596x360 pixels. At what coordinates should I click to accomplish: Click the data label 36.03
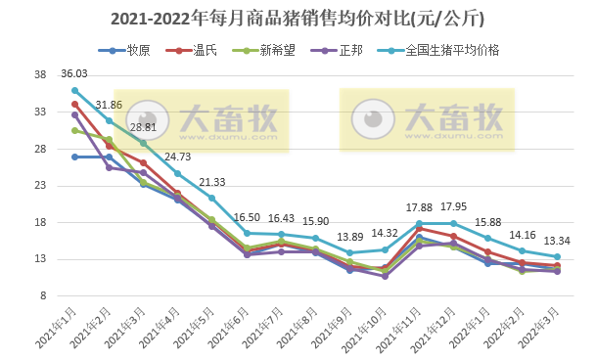(74, 73)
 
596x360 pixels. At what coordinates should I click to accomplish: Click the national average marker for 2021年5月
(212, 198)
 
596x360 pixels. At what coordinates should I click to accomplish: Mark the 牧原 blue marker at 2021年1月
(74, 157)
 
